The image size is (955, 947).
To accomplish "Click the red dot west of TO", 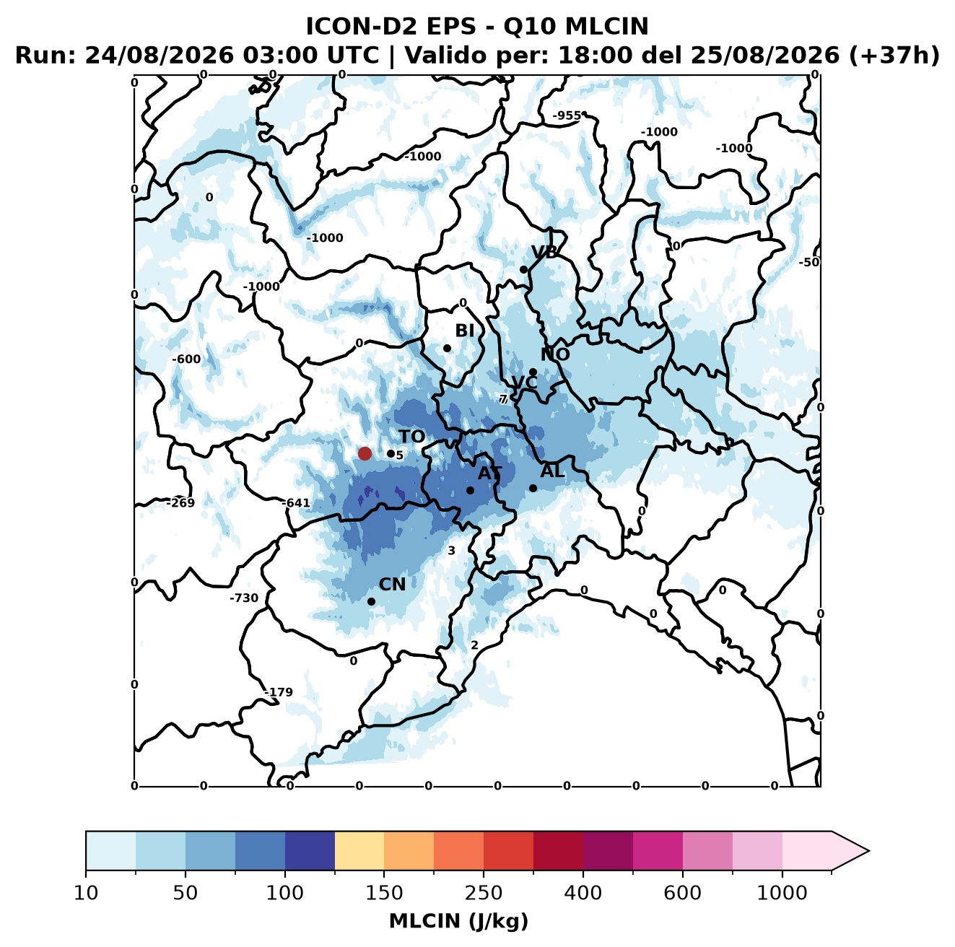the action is point(365,453).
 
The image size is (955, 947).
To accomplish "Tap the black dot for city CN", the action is point(371,601).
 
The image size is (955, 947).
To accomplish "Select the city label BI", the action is point(464,331).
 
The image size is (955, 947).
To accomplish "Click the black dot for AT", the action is point(470,490).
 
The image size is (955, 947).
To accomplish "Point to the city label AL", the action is point(552,471).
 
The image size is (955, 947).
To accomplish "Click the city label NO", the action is point(555,354).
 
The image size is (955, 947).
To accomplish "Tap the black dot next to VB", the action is point(523,269).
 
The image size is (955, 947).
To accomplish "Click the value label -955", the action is point(567,116).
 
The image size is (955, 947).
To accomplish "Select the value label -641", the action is point(296,503).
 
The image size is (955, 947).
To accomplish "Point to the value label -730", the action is point(244,598).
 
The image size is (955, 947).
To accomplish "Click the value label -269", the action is point(180,503).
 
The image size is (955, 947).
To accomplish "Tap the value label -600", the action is point(186,359).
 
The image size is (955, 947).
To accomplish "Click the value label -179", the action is point(279,692).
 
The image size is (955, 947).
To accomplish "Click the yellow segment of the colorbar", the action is point(359,851).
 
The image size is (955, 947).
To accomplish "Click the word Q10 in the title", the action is point(530,27).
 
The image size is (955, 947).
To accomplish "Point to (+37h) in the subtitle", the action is point(894,56).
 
